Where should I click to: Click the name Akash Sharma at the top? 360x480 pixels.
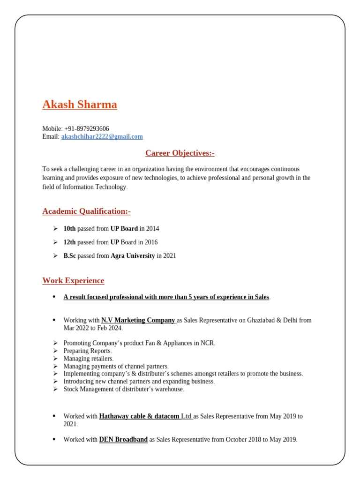(80, 105)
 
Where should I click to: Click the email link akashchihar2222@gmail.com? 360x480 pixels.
(102, 137)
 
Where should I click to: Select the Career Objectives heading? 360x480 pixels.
(180, 153)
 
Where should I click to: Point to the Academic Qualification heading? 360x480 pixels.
(86, 211)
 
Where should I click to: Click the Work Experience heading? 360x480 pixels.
(73, 281)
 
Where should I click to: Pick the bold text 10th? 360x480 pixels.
(69, 229)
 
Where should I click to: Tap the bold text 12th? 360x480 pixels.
(69, 242)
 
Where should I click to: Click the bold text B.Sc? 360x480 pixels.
(69, 256)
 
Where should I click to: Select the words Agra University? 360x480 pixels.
(133, 256)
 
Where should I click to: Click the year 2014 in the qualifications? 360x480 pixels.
(152, 229)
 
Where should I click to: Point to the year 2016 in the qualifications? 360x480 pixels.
(151, 242)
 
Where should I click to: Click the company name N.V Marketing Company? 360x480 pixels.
(138, 321)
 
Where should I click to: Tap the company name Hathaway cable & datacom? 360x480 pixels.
(139, 417)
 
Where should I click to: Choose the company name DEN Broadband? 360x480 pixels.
(123, 440)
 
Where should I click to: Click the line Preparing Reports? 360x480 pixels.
(88, 351)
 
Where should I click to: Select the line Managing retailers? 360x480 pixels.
(89, 359)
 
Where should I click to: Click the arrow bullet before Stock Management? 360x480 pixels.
(55, 389)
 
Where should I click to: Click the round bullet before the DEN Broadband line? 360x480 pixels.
(54, 440)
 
